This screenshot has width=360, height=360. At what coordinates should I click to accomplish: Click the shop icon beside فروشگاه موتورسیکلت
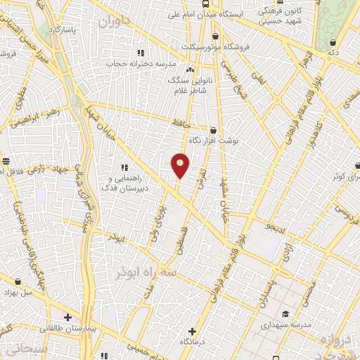click(x=214, y=37)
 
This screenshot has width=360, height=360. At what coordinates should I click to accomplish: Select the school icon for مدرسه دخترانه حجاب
click(x=141, y=53)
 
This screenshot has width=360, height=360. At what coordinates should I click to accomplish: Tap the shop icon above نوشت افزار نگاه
click(x=213, y=130)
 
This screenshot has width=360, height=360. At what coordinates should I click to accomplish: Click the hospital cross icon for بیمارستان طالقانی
click(x=67, y=317)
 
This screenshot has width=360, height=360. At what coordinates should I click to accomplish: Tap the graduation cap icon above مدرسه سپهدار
click(x=285, y=314)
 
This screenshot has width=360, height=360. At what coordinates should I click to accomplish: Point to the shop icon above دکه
click(x=333, y=42)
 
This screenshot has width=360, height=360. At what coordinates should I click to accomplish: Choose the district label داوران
click(x=115, y=22)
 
